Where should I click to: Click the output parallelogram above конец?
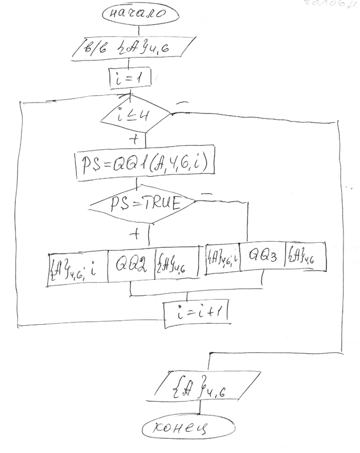coord(198,390)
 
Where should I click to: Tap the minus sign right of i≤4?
coord(183,104)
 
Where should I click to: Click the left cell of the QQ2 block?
coord(76,266)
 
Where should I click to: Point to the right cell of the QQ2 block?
coord(175,266)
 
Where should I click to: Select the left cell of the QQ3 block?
coord(222,259)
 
